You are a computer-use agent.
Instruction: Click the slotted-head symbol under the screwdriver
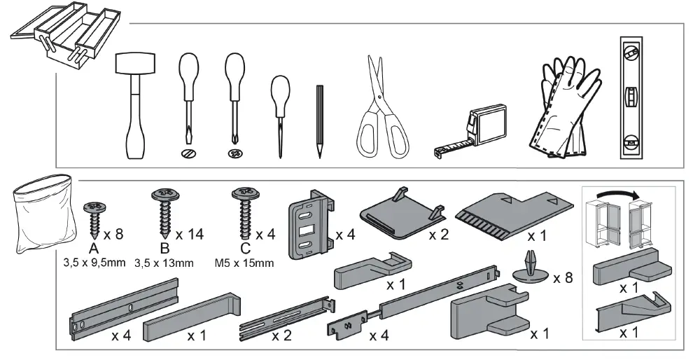tap(188, 153)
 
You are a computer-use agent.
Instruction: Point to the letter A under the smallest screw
tap(93, 250)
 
